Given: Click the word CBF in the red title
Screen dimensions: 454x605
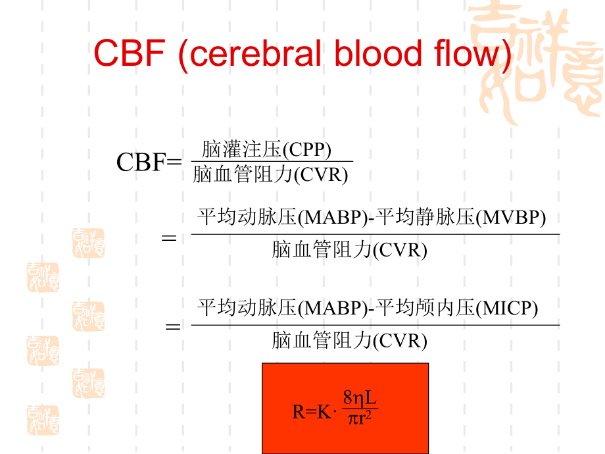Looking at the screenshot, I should click(129, 53).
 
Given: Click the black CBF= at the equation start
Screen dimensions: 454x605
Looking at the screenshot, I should click(149, 162).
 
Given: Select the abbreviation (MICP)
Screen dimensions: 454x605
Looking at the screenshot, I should click(506, 308).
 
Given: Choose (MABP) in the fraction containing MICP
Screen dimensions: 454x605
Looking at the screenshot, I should click(332, 308).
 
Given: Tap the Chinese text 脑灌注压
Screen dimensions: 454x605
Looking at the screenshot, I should click(241, 149).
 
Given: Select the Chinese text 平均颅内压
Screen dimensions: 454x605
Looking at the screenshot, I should click(425, 308).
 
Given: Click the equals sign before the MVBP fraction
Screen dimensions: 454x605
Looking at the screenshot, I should click(169, 237).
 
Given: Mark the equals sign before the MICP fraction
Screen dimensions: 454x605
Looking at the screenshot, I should click(172, 326).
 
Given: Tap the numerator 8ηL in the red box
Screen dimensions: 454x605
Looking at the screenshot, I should click(360, 399).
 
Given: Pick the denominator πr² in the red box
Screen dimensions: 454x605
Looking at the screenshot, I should click(360, 420).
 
